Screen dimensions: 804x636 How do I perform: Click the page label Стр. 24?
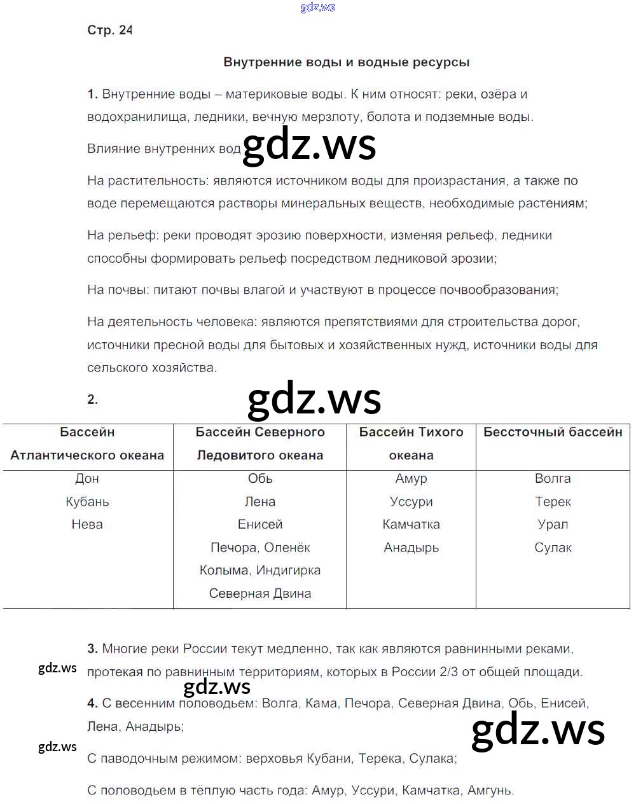109,30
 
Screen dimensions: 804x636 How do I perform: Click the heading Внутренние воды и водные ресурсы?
347,62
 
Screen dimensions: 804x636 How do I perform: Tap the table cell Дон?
87,478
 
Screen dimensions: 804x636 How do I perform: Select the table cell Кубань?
87,501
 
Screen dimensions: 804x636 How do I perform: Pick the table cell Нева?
87,524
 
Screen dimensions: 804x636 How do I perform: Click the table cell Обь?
260,478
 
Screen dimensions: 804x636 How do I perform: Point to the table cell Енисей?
260,524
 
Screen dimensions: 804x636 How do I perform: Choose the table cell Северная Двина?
260,593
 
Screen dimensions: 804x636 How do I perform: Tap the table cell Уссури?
411,501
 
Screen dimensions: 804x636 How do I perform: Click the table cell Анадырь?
411,548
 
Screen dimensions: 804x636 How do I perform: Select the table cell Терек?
553,501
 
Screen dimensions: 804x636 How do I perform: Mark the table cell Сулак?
553,548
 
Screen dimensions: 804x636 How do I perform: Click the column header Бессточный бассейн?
553,432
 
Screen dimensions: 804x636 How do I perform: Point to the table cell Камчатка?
411,524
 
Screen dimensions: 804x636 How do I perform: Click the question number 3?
92,649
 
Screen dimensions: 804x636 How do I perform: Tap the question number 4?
92,703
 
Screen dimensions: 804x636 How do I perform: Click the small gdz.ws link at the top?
317,7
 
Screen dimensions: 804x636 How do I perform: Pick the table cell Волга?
553,478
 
